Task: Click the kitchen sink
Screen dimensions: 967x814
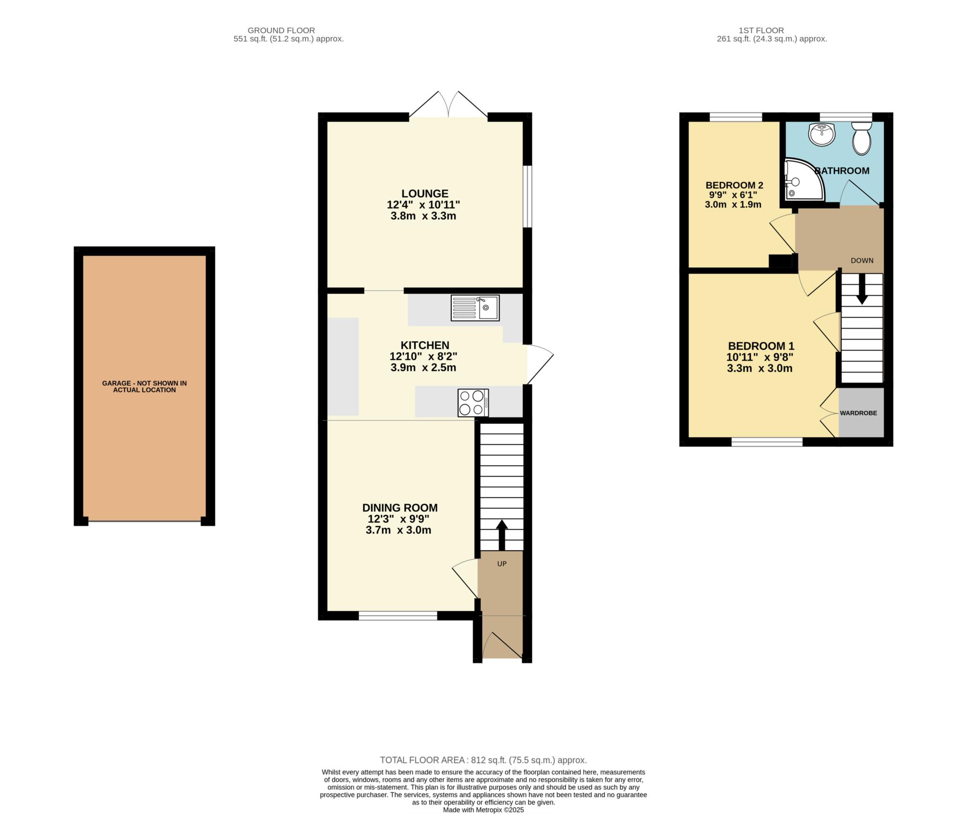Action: pyautogui.click(x=475, y=308)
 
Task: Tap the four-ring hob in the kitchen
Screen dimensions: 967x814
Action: pyautogui.click(x=473, y=403)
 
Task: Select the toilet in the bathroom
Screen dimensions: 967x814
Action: pyautogui.click(x=862, y=138)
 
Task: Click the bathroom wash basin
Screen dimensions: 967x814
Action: pyautogui.click(x=822, y=134)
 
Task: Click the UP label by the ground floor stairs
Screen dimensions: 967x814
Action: pyautogui.click(x=501, y=564)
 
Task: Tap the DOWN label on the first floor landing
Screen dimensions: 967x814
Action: pyautogui.click(x=862, y=260)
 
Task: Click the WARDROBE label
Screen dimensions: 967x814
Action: pyautogui.click(x=858, y=413)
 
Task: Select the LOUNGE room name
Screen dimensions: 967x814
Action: pyautogui.click(x=425, y=194)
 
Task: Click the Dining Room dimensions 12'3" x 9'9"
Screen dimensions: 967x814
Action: pyautogui.click(x=399, y=518)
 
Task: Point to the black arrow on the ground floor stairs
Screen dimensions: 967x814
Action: pyautogui.click(x=501, y=535)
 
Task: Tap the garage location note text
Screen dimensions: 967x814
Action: pyautogui.click(x=144, y=387)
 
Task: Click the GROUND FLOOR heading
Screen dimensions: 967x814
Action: pyautogui.click(x=281, y=31)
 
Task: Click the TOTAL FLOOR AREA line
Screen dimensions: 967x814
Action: pyautogui.click(x=483, y=733)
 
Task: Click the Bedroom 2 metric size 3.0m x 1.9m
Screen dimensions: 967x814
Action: pyautogui.click(x=733, y=204)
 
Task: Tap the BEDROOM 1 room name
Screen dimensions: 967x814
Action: pyautogui.click(x=761, y=346)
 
